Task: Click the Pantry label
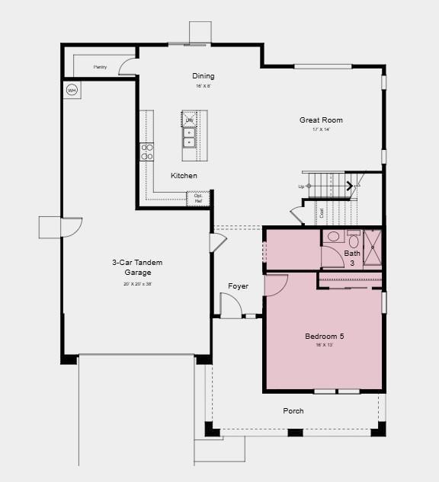(100, 68)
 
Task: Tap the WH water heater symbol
(72, 91)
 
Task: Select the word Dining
(203, 76)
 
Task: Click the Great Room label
(321, 120)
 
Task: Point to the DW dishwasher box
(189, 120)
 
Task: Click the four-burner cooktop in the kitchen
(147, 152)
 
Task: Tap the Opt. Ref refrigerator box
(198, 198)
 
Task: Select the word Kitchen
(184, 176)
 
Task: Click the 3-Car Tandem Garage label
(138, 267)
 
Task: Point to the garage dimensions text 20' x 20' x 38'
(138, 283)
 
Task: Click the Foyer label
(238, 286)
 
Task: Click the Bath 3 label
(352, 258)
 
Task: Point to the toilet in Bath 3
(334, 237)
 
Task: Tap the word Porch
(293, 411)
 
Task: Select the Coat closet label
(322, 213)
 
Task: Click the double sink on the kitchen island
(189, 137)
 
